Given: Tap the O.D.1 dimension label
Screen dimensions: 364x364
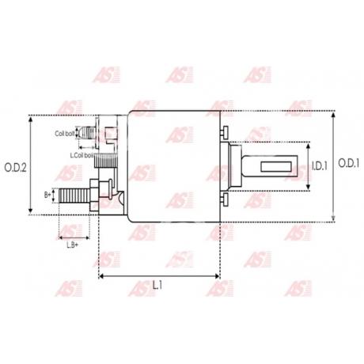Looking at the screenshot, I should point(349,164).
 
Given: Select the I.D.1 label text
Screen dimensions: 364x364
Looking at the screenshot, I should point(318,166).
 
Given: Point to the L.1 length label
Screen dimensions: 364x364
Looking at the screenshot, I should point(159,286).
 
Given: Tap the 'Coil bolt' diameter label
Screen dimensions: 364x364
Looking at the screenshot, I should point(65,134).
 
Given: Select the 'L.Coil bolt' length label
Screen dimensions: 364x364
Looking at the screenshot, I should point(83,155).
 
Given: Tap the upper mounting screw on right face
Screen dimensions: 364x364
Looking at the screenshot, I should point(226,131).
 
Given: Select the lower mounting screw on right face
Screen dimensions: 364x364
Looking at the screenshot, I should point(226,201).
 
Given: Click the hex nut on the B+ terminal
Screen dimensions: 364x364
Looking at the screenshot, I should point(97,193).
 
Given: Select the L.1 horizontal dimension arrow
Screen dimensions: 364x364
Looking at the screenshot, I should point(159,276).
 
